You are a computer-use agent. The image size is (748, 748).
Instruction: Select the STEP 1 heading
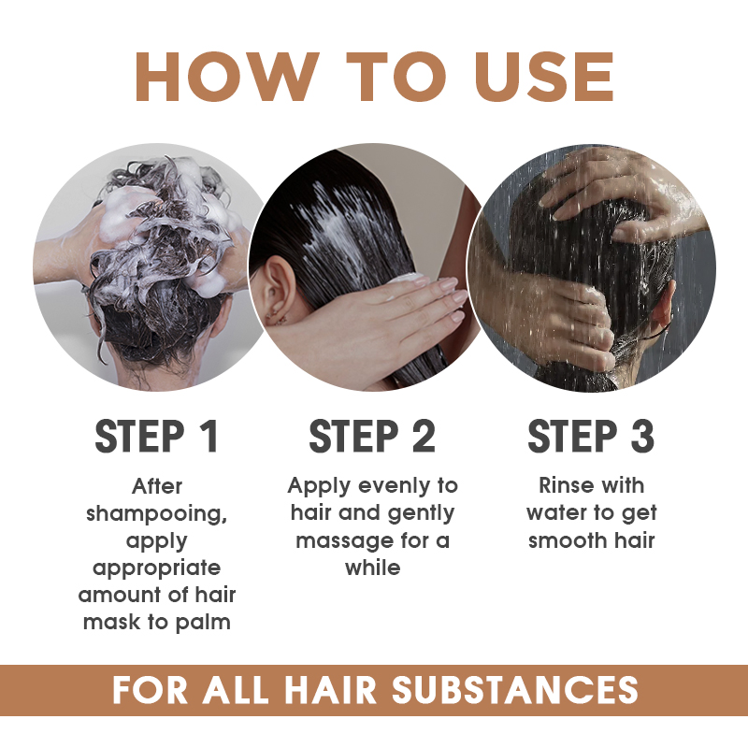tap(157, 437)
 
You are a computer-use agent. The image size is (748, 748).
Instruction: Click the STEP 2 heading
tap(372, 437)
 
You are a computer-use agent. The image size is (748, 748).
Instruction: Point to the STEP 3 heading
tap(591, 437)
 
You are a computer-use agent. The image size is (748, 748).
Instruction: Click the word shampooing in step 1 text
tap(157, 513)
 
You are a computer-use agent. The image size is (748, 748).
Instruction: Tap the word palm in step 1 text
tap(204, 622)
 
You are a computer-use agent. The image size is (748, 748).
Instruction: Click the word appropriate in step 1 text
tap(157, 568)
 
